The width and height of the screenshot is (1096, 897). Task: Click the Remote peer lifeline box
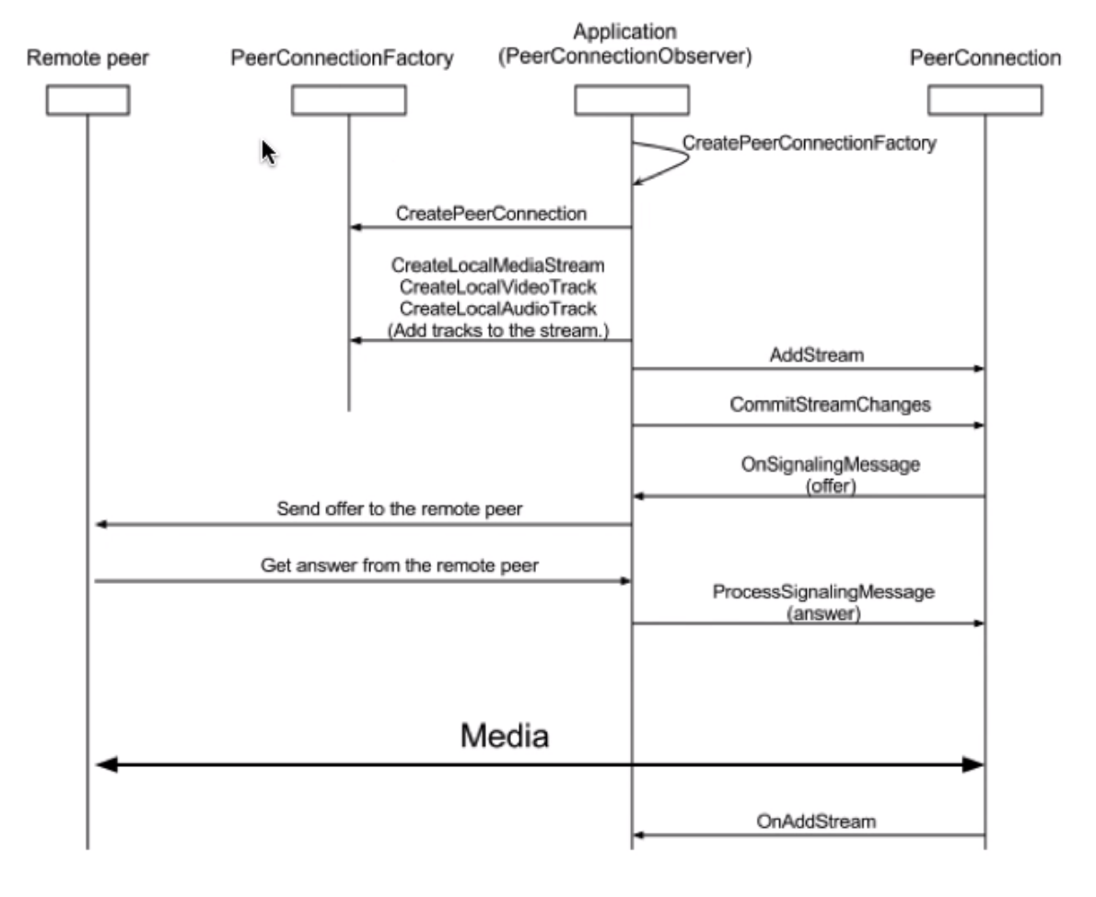click(x=88, y=100)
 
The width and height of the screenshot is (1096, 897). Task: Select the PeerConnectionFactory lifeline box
click(x=349, y=100)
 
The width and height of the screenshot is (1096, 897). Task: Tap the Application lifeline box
click(x=632, y=100)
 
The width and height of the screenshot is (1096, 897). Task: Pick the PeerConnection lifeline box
click(x=985, y=100)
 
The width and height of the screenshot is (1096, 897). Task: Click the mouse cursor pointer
click(x=268, y=152)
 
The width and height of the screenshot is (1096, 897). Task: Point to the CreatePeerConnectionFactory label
click(x=810, y=144)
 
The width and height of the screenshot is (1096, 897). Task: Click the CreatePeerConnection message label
click(x=492, y=214)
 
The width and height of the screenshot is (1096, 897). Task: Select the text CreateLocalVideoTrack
click(x=497, y=286)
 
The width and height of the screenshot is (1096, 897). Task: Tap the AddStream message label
click(x=816, y=355)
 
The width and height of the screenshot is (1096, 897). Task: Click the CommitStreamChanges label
click(x=831, y=405)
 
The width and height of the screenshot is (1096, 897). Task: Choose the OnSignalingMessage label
click(x=831, y=464)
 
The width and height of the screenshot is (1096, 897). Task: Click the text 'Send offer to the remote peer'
click(x=399, y=508)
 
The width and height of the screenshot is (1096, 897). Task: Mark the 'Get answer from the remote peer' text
click(x=399, y=565)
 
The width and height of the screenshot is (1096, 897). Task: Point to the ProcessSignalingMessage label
click(x=823, y=591)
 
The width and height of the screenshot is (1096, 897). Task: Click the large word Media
click(x=505, y=736)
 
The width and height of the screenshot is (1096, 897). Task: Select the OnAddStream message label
click(x=816, y=821)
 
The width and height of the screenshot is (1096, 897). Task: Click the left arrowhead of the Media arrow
click(x=106, y=765)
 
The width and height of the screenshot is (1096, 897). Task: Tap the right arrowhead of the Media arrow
click(x=974, y=765)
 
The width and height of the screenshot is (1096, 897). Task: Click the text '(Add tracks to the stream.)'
click(x=498, y=330)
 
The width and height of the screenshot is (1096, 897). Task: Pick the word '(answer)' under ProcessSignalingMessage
click(x=823, y=613)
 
